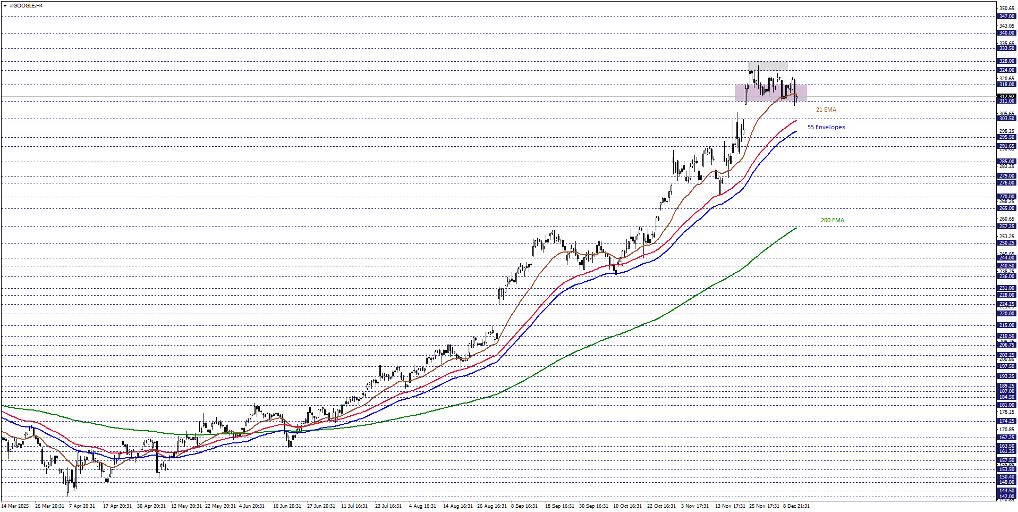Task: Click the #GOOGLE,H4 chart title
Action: tap(26, 5)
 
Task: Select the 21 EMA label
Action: tap(826, 110)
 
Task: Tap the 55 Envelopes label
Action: tap(826, 127)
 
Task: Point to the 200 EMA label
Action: tap(832, 220)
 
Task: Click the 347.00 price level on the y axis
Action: tap(1006, 16)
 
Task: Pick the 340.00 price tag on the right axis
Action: tap(1006, 33)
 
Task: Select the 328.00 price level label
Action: tap(1006, 61)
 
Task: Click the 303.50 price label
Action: tap(1006, 119)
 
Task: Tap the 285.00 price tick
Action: tap(1006, 162)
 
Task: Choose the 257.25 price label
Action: tap(1006, 226)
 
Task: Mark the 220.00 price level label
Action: tap(1006, 314)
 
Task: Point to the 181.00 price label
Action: tap(1006, 405)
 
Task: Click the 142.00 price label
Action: tap(1006, 497)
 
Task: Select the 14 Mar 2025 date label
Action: tap(15, 506)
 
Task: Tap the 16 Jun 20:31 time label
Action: tap(287, 506)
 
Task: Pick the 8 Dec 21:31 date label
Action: tap(796, 506)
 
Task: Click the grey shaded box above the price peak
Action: tap(768, 66)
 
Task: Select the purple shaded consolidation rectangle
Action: tap(770, 93)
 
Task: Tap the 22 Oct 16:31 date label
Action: tap(661, 506)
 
